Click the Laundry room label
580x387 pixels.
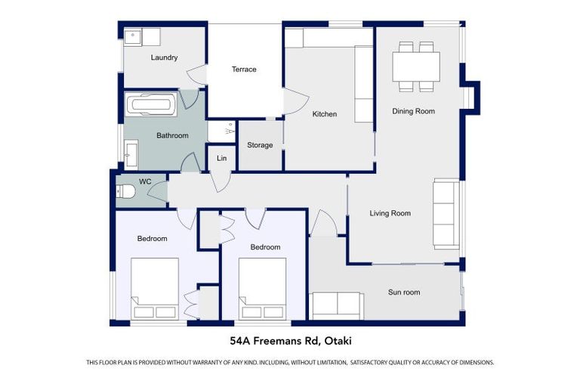click(x=164, y=57)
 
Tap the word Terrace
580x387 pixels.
click(x=244, y=70)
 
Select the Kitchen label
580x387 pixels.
click(x=325, y=114)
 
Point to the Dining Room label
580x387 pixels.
click(x=413, y=111)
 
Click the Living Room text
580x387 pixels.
click(x=390, y=213)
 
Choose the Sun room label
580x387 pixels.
click(x=404, y=292)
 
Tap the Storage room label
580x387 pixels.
click(x=260, y=145)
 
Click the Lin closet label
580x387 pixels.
click(x=221, y=158)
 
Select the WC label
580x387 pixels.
click(x=145, y=181)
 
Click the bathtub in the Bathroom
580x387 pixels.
click(x=151, y=104)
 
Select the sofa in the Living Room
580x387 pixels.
click(x=446, y=214)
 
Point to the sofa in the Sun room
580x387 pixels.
click(x=337, y=305)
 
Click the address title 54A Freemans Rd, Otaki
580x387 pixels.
click(x=291, y=341)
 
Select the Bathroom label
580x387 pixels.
click(x=172, y=136)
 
